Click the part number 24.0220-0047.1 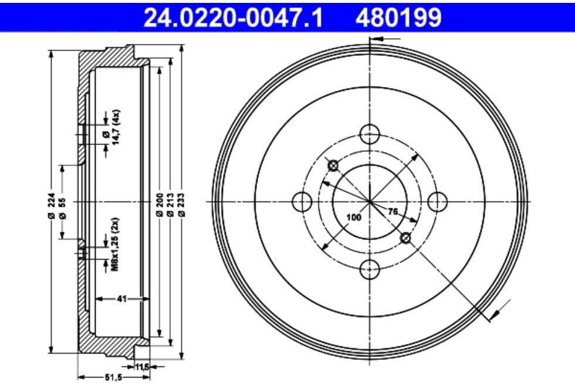pyautogui.click(x=234, y=17)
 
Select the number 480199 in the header pyautogui.click(x=398, y=17)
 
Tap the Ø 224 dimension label pyautogui.click(x=52, y=206)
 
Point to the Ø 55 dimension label pyautogui.click(x=62, y=208)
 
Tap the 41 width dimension pyautogui.click(x=122, y=299)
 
